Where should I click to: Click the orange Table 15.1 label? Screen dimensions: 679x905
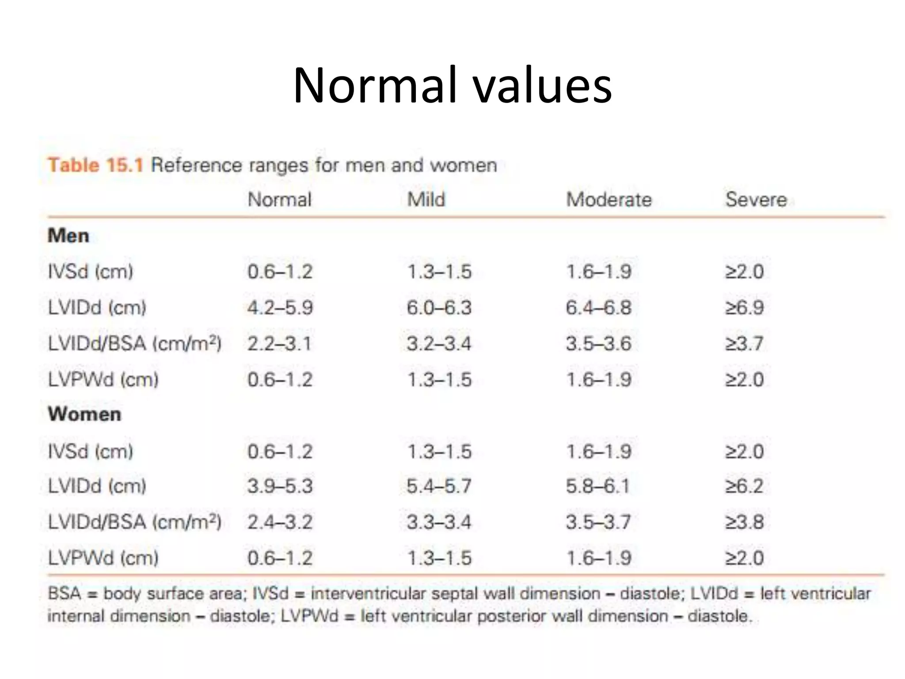click(95, 165)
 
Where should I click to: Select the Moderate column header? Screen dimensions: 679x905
click(609, 199)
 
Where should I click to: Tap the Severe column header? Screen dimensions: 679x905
click(756, 199)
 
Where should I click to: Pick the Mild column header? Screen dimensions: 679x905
click(426, 199)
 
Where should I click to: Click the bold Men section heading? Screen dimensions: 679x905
click(68, 236)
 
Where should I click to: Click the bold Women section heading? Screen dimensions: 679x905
click(84, 415)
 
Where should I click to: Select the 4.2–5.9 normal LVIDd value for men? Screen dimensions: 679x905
click(280, 308)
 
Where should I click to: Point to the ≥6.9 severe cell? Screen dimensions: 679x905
click(745, 308)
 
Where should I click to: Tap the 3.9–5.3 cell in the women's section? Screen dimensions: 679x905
click(280, 486)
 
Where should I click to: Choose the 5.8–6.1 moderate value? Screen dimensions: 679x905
click(598, 486)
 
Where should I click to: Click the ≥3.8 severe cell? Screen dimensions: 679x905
click(745, 522)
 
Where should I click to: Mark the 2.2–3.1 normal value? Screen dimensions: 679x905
click(279, 343)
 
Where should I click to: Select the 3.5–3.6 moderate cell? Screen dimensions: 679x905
click(599, 343)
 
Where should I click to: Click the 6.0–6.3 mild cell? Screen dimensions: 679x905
click(439, 308)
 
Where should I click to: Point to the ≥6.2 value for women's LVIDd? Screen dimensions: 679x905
click(745, 486)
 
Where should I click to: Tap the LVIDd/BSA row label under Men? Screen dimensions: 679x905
click(135, 343)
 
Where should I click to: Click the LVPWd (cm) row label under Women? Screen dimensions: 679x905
click(103, 558)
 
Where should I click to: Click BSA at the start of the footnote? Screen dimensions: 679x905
click(65, 593)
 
